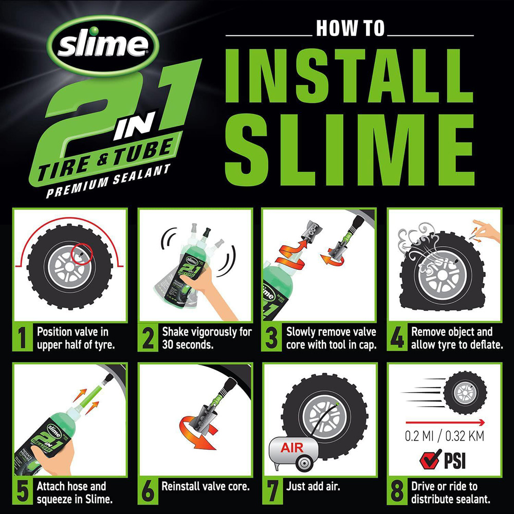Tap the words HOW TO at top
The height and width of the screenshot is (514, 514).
pos(350,29)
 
